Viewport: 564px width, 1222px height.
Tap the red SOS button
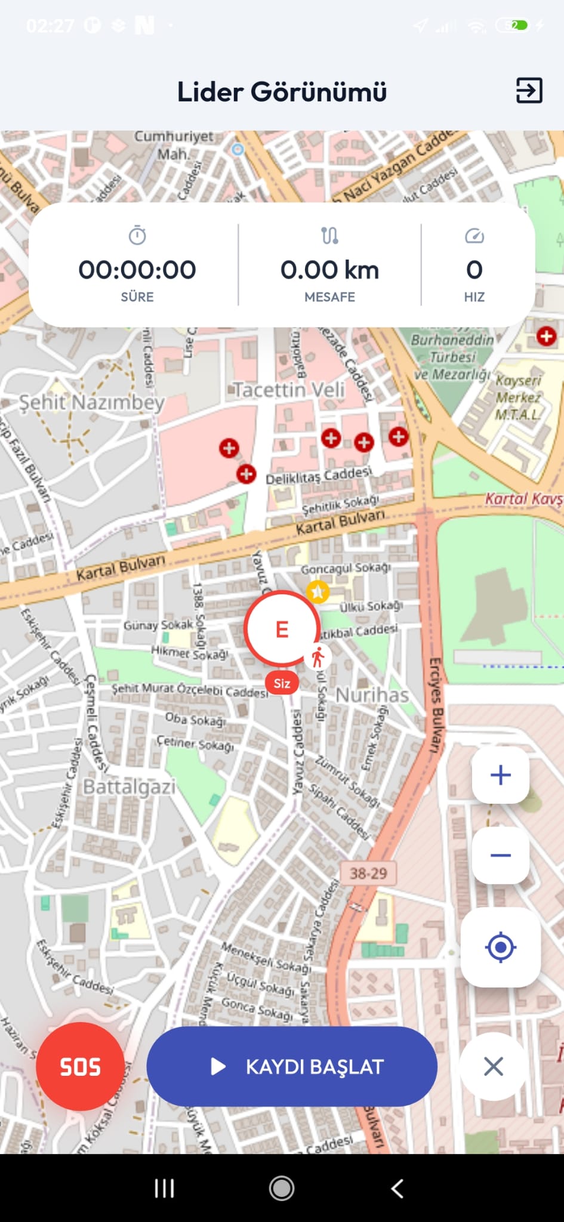80,1066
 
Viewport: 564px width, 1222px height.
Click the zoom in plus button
500,774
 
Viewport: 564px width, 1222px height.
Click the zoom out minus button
500,855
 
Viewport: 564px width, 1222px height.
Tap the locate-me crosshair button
500,947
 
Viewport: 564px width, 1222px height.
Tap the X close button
493,1066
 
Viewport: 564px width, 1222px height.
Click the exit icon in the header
529,91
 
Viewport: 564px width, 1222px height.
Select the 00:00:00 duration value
137,270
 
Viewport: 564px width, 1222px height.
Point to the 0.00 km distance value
329,270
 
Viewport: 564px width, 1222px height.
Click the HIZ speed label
474,297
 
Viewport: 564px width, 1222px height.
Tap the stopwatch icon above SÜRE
137,236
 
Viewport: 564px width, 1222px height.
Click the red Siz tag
282,683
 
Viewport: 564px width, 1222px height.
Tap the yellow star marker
318,591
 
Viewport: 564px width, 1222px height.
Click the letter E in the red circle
282,629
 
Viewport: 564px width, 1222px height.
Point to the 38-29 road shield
368,873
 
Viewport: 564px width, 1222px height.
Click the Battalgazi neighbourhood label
129,786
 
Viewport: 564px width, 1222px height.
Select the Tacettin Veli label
289,390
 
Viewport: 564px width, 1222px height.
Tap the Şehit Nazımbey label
91,402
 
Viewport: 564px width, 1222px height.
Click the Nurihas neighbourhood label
372,695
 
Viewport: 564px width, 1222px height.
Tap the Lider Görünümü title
282,92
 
